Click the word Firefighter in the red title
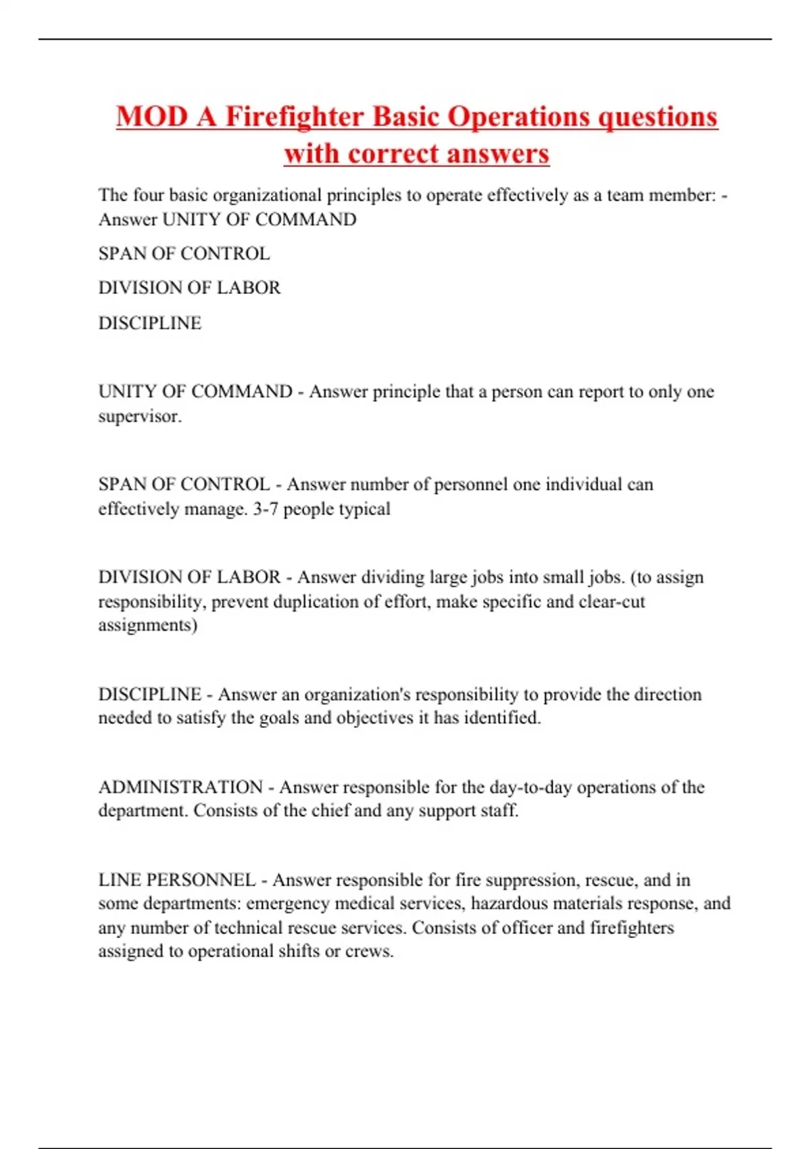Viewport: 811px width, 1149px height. tap(295, 116)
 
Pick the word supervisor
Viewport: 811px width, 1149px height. tap(139, 416)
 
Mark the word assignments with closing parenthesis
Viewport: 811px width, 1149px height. tap(147, 625)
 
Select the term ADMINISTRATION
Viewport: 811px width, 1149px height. tap(180, 787)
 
